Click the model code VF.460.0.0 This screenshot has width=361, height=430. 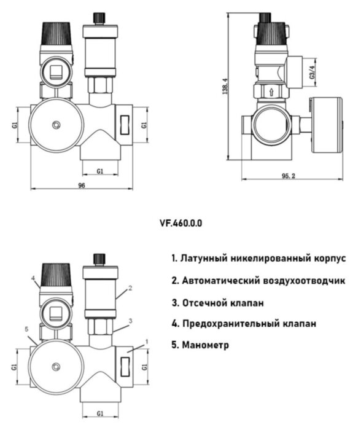coord(180,224)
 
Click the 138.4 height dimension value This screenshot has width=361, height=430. coord(225,90)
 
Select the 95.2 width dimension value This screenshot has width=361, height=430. coord(289,176)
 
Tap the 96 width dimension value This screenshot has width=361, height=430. coord(81,185)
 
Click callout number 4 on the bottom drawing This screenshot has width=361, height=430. coord(34,278)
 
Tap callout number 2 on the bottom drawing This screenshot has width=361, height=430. coord(131,287)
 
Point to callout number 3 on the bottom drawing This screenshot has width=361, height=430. coord(131,321)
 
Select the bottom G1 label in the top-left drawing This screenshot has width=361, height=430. coord(99,170)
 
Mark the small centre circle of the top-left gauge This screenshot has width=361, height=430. coord(56,125)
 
